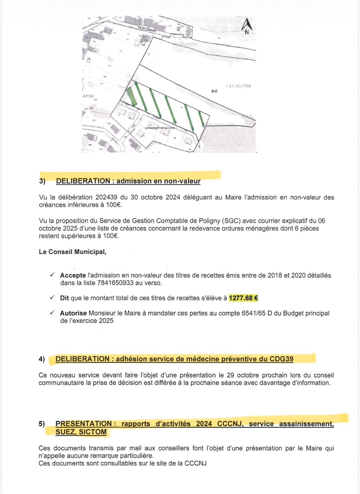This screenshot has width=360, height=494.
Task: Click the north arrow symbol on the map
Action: [x=246, y=26]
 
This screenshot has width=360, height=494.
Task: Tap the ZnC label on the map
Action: [x=214, y=91]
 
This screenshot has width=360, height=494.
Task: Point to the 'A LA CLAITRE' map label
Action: [x=239, y=86]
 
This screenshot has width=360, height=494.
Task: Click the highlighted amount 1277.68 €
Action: [x=243, y=298]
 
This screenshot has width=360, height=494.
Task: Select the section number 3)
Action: [x=42, y=181]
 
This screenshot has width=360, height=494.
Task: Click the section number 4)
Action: [x=42, y=359]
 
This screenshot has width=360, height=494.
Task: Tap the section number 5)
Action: [x=42, y=424]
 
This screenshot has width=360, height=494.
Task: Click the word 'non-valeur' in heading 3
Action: [x=182, y=181]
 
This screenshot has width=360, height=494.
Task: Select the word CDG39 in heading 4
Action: [x=281, y=359]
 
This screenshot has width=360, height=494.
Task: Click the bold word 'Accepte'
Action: [x=73, y=276]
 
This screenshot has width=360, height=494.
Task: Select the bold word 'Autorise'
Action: [x=73, y=313]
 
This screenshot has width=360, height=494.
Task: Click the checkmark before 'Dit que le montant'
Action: [x=52, y=298]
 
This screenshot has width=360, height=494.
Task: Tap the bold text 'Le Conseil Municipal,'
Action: [x=72, y=252]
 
